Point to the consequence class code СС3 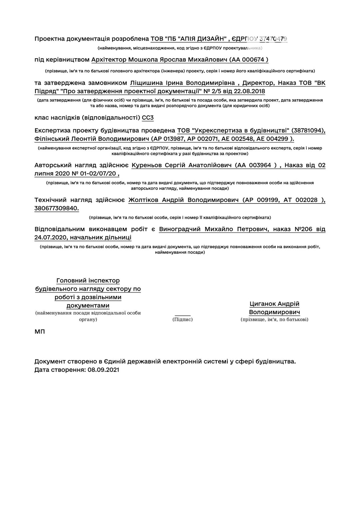[x=148, y=118]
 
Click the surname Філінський [x=52, y=139]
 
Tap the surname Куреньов [x=147, y=165]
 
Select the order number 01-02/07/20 [x=98, y=174]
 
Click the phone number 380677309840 [x=57, y=209]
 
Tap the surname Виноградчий [x=180, y=229]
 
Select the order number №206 [x=303, y=229]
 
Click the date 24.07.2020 [x=51, y=238]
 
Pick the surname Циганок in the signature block [x=263, y=304]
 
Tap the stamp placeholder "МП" [x=40, y=332]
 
